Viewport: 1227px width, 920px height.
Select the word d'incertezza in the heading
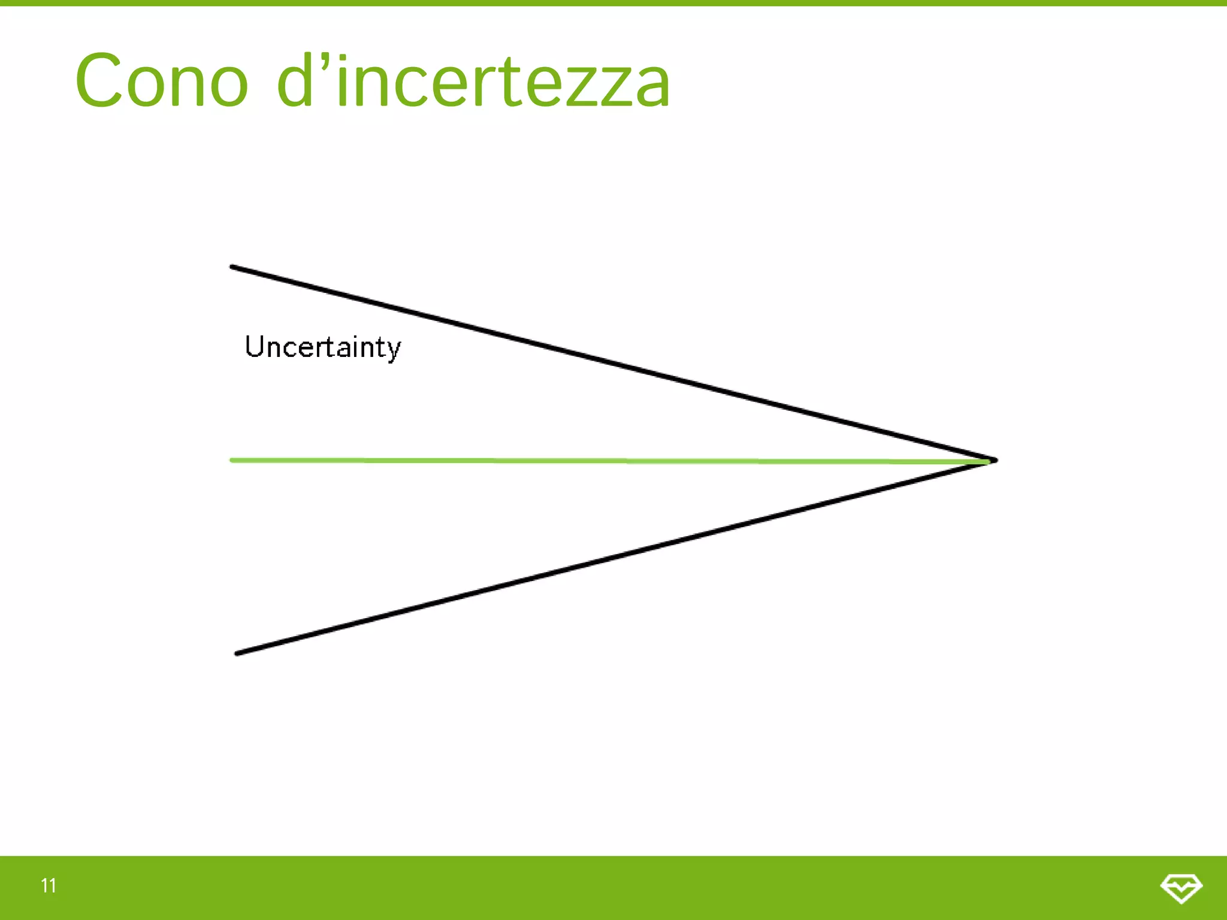[473, 81]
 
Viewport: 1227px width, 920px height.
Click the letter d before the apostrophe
[295, 81]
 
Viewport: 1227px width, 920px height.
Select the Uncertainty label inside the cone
[323, 347]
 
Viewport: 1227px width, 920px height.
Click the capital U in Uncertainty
[255, 346]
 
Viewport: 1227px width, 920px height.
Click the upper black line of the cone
[611, 363]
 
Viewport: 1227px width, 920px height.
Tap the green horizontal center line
[599, 461]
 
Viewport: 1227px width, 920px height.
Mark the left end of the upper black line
[233, 267]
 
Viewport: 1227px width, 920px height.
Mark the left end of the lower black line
[237, 653]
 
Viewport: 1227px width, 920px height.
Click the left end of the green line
[232, 460]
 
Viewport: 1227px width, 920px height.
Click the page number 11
[49, 885]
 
